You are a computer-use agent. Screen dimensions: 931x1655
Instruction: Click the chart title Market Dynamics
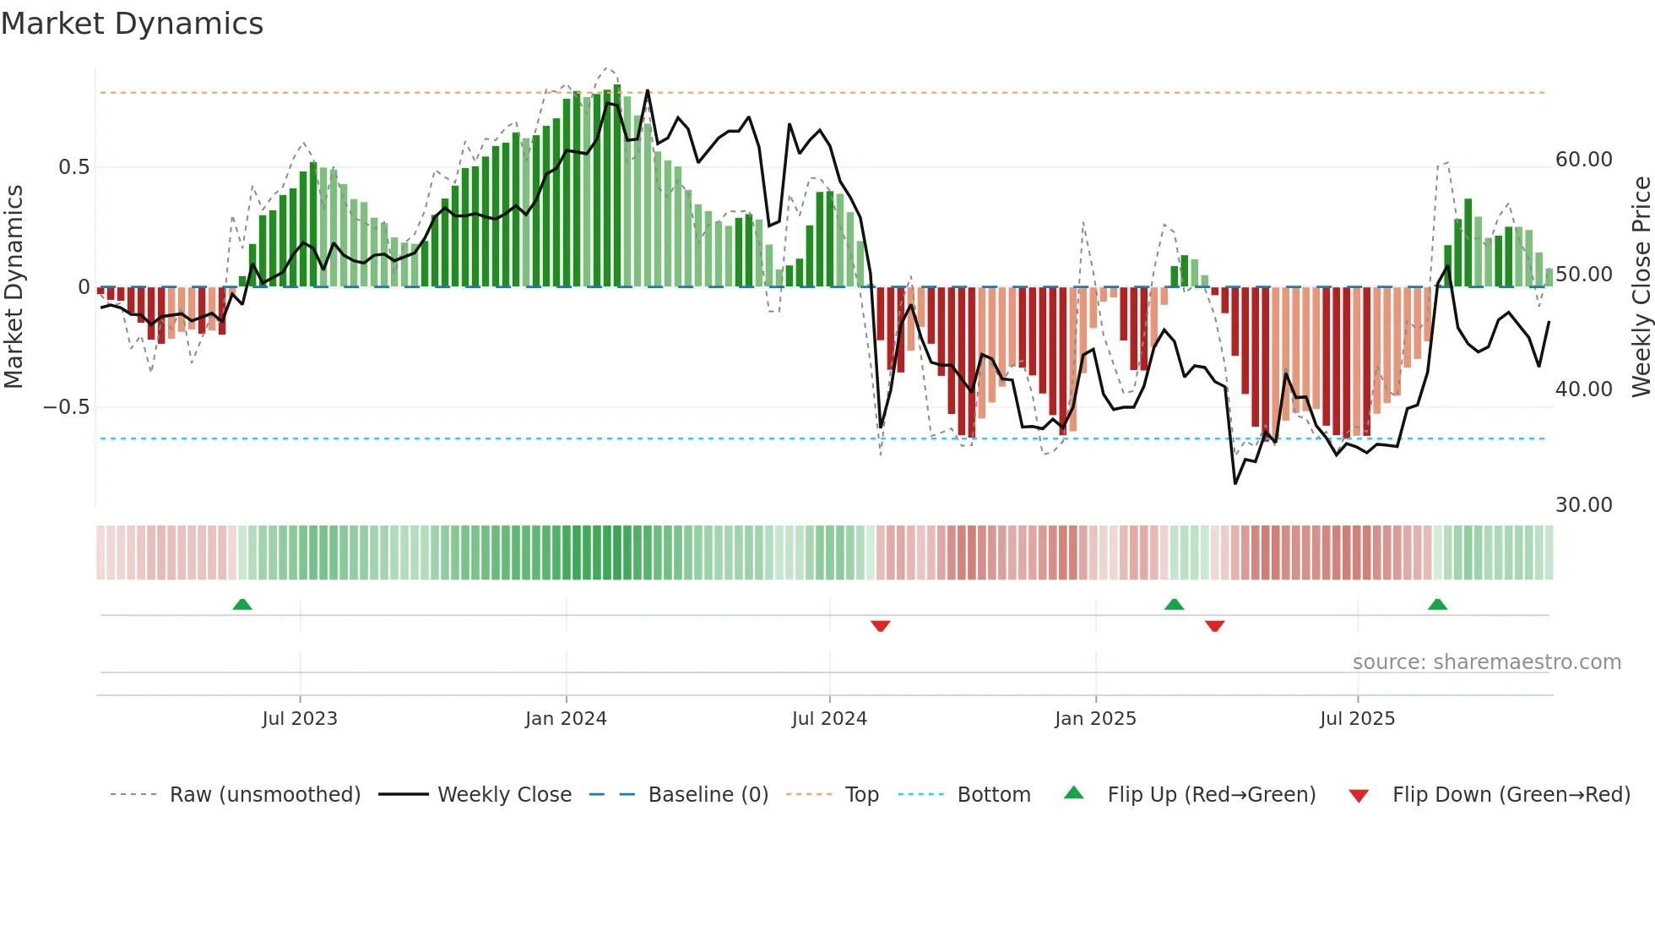(132, 24)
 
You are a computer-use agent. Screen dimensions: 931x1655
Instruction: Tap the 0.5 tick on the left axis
(73, 167)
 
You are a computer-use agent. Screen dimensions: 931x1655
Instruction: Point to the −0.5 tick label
(66, 407)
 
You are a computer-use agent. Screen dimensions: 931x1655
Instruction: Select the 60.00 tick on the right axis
(1583, 160)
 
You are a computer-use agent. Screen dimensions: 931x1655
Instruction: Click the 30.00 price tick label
(1583, 505)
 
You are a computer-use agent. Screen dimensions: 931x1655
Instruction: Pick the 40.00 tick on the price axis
(1583, 389)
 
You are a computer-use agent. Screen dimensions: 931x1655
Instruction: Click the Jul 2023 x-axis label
(300, 719)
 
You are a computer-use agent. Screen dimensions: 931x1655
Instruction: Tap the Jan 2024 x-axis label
(566, 719)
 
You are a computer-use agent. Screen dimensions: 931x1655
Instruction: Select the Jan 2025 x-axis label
(1095, 719)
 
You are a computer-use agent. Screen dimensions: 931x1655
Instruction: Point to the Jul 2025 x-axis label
(1357, 719)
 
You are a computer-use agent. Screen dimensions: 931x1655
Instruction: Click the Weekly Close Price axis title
(1641, 286)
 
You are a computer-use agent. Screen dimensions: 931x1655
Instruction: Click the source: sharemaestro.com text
(1486, 662)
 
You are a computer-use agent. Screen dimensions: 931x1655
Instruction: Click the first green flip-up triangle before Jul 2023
(242, 604)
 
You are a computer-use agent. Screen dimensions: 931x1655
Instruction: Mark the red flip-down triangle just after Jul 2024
(880, 626)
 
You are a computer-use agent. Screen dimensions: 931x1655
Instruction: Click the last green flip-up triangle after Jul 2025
(1437, 604)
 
